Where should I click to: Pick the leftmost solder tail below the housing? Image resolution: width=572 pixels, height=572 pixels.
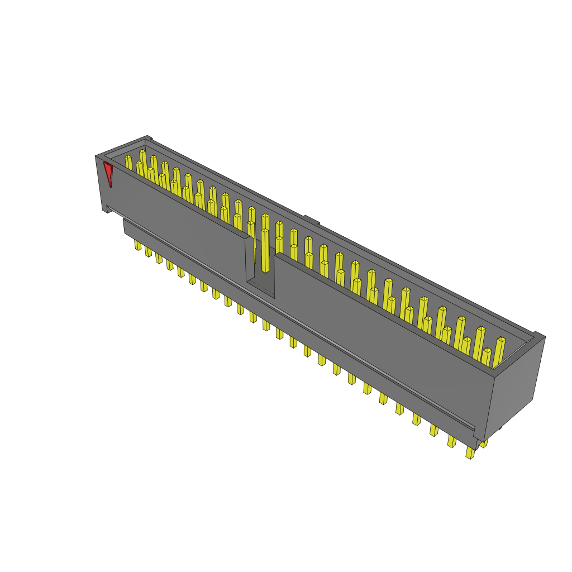point(137,245)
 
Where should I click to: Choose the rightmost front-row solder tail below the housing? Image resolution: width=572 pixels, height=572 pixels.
point(470,452)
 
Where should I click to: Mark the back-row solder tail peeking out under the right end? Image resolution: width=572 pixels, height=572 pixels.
point(484,443)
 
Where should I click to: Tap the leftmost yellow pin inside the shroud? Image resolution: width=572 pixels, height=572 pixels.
point(129,163)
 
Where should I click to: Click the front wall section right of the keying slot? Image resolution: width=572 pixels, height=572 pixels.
point(380,335)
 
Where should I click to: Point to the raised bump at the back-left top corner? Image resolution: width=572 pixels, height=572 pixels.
point(148,137)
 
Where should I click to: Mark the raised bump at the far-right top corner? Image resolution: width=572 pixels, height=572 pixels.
point(539,335)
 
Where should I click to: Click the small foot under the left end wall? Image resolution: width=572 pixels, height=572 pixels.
point(106,209)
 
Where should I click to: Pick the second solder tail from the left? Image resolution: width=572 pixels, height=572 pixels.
point(148,252)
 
